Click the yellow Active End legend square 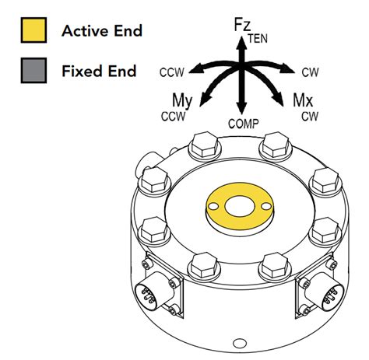click(33, 31)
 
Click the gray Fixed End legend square click(33, 72)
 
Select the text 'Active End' click(102, 31)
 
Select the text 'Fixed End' click(99, 72)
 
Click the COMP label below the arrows click(243, 124)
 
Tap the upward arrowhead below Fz click(242, 44)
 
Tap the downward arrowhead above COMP click(242, 109)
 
